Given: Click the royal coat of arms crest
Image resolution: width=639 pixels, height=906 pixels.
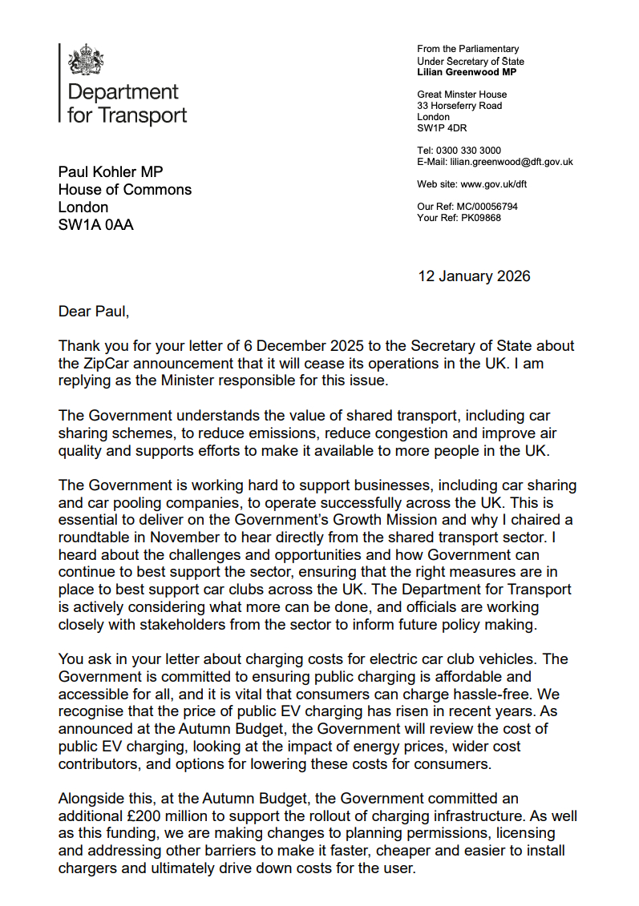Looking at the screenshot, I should (87, 61).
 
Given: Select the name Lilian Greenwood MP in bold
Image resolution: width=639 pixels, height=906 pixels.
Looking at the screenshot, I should (467, 72).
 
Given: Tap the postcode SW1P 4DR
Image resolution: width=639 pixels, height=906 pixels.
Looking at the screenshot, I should (443, 128).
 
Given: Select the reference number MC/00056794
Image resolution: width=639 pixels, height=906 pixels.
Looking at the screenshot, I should (488, 207).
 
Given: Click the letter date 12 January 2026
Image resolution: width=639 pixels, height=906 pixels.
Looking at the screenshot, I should (474, 276).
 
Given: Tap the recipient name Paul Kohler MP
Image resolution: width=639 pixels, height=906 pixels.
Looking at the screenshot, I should (111, 171).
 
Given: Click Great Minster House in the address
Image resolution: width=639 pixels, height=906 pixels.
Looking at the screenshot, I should (462, 95).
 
